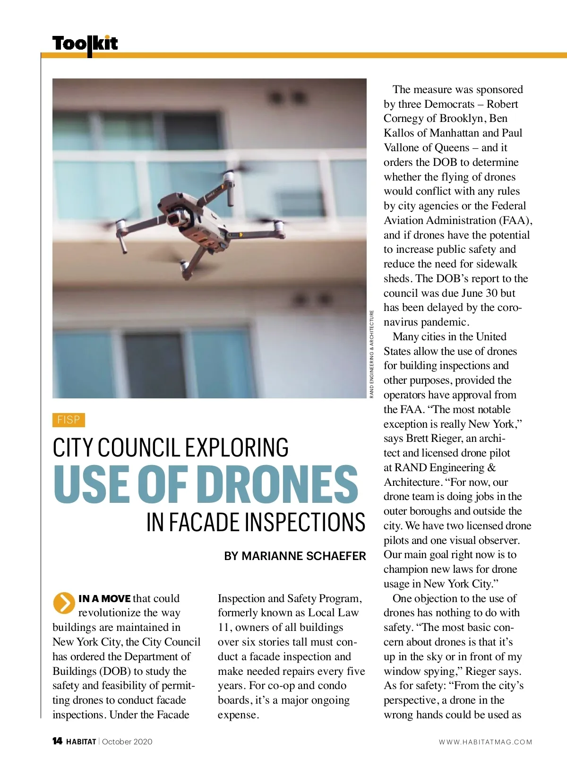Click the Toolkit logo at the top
[x=85, y=44]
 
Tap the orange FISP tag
[x=69, y=420]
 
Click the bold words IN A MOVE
[x=104, y=599]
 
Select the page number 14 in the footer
[x=57, y=741]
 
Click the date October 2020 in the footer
[x=127, y=742]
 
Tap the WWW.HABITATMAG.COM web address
[x=485, y=742]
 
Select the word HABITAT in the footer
[x=81, y=742]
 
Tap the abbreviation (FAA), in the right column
[x=515, y=221]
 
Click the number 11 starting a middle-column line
[x=223, y=628]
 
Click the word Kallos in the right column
[x=399, y=133]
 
